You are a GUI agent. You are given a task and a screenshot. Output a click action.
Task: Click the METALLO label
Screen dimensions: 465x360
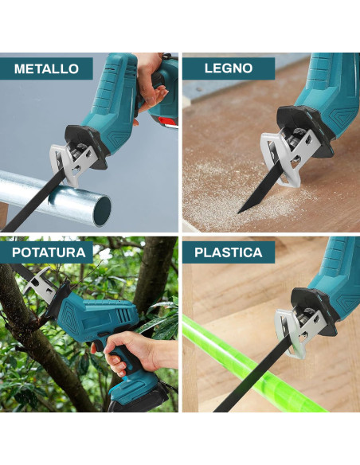(x=47, y=68)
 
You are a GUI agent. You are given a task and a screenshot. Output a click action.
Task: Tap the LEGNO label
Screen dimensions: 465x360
(x=228, y=68)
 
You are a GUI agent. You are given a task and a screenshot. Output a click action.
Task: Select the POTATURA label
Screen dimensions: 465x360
(x=49, y=253)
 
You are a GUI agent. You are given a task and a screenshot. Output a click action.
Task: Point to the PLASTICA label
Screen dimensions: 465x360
(x=228, y=253)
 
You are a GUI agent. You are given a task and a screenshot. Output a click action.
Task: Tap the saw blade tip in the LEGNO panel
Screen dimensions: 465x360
(x=241, y=210)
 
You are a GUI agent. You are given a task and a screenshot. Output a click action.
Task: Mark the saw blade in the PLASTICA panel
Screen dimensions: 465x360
(x=247, y=382)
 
